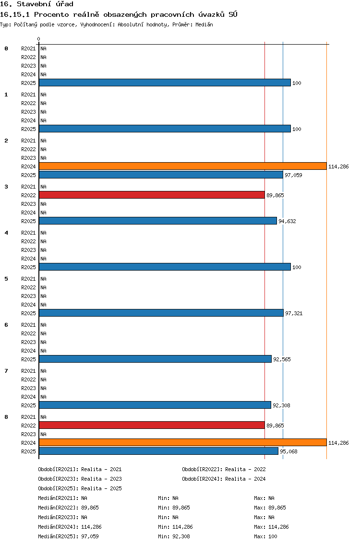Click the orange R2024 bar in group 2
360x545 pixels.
click(183, 166)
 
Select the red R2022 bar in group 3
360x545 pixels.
click(152, 195)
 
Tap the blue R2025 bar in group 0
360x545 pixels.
click(165, 83)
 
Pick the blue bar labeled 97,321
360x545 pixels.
click(161, 313)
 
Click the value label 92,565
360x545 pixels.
click(282, 359)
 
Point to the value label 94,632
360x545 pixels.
click(288, 221)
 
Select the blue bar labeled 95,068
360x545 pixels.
click(158, 451)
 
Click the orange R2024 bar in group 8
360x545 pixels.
click(183, 442)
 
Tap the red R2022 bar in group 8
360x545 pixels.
click(152, 425)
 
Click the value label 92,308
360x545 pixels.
click(281, 405)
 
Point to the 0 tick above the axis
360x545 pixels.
click(38, 39)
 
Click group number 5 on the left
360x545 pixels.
click(6, 279)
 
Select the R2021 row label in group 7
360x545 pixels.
click(28, 371)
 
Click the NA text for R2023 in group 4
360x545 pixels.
click(43, 250)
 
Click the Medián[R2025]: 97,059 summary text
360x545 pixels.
click(68, 536)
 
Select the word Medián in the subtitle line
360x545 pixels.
click(204, 24)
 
